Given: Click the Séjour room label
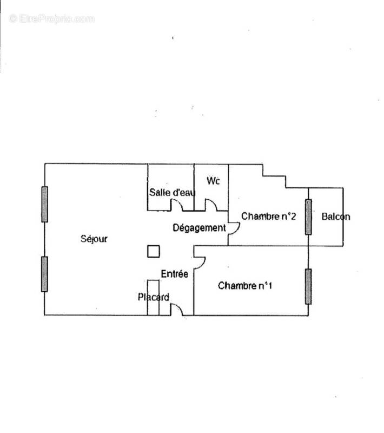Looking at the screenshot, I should pyautogui.click(x=94, y=239).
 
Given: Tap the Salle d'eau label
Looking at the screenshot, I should pyautogui.click(x=173, y=192).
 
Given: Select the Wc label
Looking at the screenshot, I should pyautogui.click(x=214, y=181).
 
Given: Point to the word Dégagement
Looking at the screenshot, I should pyautogui.click(x=199, y=228).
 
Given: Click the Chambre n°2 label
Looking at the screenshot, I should pyautogui.click(x=269, y=216).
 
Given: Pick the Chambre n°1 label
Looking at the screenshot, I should pyautogui.click(x=244, y=285).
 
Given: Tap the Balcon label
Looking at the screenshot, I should pyautogui.click(x=335, y=216).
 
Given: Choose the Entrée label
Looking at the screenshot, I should pyautogui.click(x=174, y=274).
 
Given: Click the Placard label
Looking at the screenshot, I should pyautogui.click(x=153, y=297).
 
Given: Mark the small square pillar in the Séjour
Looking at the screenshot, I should pyautogui.click(x=154, y=251).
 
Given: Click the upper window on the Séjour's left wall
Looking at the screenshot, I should pyautogui.click(x=44, y=204).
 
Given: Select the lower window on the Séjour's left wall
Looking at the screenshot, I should pyautogui.click(x=44, y=274).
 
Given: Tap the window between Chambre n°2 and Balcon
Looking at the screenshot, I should pyautogui.click(x=308, y=216).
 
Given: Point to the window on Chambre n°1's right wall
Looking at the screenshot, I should pyautogui.click(x=308, y=286).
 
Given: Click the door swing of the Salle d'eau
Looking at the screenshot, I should pyautogui.click(x=177, y=205).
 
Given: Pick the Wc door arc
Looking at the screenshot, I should pyautogui.click(x=211, y=205).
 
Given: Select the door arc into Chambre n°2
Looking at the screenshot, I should pyautogui.click(x=234, y=228).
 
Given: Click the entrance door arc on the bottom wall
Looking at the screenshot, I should pyautogui.click(x=177, y=309).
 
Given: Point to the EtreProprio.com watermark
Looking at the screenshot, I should pyautogui.click(x=51, y=18).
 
